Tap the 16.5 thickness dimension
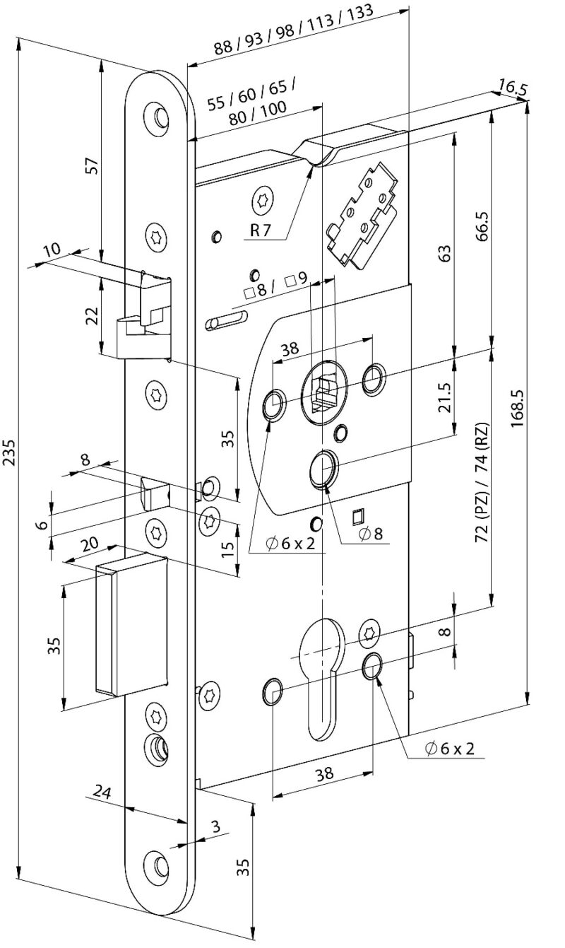pyautogui.click(x=512, y=88)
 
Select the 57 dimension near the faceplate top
pyautogui.click(x=90, y=167)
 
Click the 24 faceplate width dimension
pyautogui.click(x=102, y=794)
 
